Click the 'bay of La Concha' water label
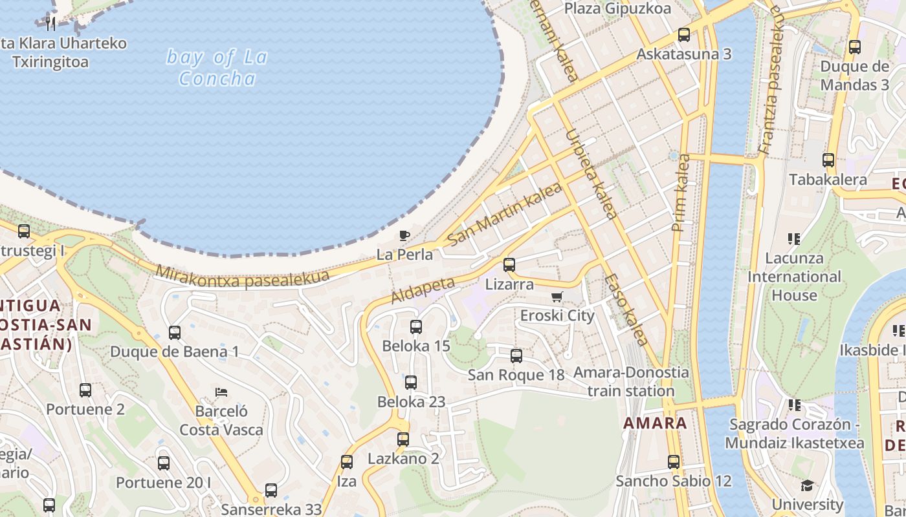217,68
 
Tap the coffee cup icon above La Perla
404,235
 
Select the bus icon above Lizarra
509,264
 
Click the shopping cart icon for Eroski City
557,297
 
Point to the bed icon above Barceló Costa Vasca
221,392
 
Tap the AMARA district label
655,423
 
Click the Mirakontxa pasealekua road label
243,277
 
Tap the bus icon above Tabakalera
828,160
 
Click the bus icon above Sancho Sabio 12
674,462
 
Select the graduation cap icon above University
807,485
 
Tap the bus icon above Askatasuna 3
684,35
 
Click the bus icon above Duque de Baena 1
175,333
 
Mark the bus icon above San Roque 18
516,356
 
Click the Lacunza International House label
794,277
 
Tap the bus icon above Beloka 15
416,327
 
